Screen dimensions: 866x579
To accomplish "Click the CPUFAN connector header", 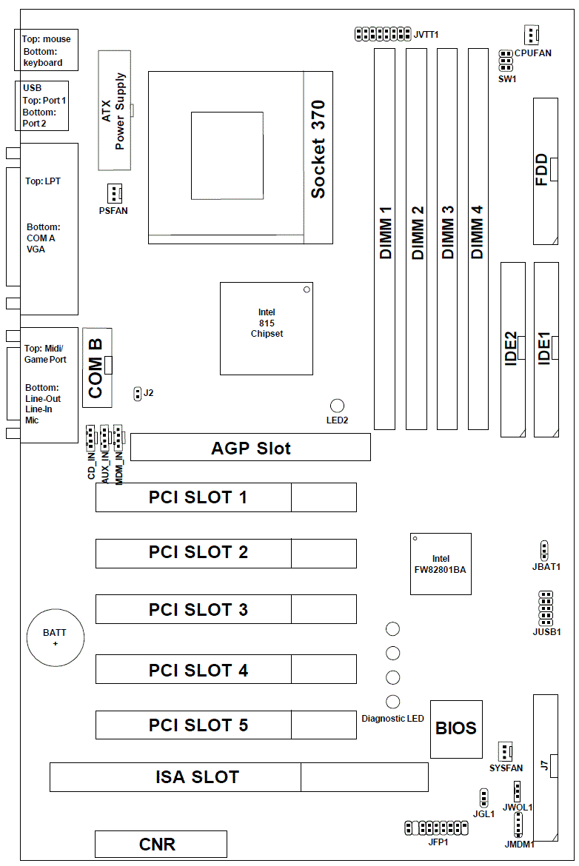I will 531,34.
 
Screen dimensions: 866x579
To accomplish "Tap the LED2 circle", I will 338,406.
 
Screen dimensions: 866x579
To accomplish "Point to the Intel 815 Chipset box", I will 267,328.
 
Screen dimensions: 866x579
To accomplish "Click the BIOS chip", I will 456,728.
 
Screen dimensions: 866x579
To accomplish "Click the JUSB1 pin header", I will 546,608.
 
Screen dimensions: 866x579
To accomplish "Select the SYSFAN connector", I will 506,752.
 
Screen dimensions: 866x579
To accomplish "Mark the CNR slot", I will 161,844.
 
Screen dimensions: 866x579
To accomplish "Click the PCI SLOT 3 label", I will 198,610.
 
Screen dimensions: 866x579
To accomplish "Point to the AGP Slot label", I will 251,448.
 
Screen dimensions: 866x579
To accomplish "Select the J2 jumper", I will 137,393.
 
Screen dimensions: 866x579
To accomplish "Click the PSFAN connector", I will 113,194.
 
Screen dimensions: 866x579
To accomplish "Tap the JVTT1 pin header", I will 382,34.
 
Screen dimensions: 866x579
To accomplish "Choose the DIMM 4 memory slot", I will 478,239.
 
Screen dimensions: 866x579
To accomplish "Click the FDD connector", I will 546,170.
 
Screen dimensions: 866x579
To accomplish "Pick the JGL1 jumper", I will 483,798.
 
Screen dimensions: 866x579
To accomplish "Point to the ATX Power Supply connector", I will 114,110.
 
